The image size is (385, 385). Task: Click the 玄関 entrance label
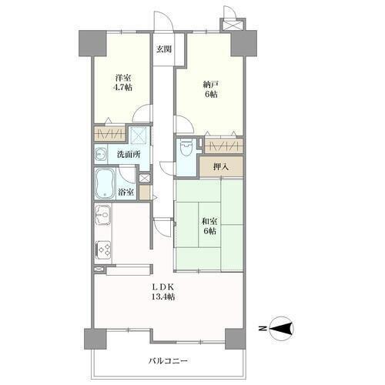pos(164,49)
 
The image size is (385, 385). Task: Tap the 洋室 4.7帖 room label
pos(122,82)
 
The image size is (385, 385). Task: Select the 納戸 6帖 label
pos(210,89)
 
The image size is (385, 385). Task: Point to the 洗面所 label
pos(129,155)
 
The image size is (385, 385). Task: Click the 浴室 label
pos(126,192)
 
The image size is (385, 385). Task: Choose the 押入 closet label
pos(221,167)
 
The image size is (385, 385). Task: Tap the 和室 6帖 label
pos(209,226)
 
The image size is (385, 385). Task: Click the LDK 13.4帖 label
pos(163,292)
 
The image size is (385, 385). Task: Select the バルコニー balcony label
pos(168,361)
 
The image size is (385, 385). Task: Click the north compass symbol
pos(281,328)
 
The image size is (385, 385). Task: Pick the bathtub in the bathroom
pos(105,184)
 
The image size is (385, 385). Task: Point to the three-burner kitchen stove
pos(103,249)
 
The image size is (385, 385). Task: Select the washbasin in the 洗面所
pos(101,155)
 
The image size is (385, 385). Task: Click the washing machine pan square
pos(139,134)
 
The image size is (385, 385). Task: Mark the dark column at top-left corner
pos(92,43)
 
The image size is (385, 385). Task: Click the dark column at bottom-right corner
pos(236,339)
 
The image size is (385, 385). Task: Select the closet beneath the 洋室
pos(109,133)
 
